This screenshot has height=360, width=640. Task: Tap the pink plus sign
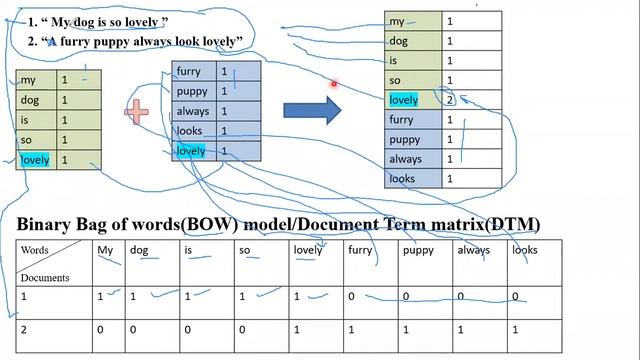pyautogui.click(x=137, y=111)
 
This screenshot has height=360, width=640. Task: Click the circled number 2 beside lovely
pyautogui.click(x=450, y=100)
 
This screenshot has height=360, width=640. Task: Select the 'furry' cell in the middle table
pyautogui.click(x=189, y=72)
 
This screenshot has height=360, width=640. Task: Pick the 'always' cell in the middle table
pyautogui.click(x=192, y=112)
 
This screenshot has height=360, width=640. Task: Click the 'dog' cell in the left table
pyautogui.click(x=30, y=100)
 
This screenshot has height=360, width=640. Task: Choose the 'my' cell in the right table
pyautogui.click(x=398, y=22)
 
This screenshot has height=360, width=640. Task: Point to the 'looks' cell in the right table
pyautogui.click(x=402, y=179)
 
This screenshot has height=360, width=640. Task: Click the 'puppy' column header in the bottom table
pyautogui.click(x=418, y=251)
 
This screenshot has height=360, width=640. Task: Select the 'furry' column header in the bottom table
pyautogui.click(x=360, y=251)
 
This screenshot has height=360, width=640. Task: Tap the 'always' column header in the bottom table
pyautogui.click(x=473, y=251)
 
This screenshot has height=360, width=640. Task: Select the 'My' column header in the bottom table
pyautogui.click(x=105, y=251)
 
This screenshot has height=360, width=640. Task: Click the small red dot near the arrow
pyautogui.click(x=334, y=85)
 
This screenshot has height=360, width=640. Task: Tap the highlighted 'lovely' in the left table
pyautogui.click(x=35, y=160)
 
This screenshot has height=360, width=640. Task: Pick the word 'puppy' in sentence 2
pyautogui.click(x=128, y=41)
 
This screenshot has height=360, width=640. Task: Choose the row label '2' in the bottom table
pyautogui.click(x=24, y=328)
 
